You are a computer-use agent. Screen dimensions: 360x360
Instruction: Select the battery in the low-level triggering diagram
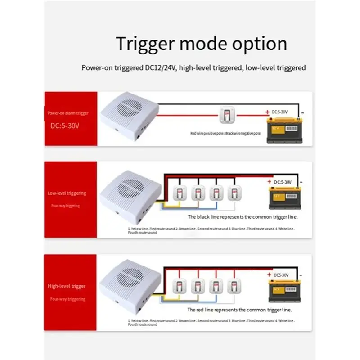click(x=285, y=198)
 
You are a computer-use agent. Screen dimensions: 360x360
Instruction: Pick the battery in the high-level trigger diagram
click(x=285, y=289)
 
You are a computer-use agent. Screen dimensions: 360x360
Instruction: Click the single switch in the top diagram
click(x=226, y=116)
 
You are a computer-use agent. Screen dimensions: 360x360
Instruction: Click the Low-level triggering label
click(x=67, y=193)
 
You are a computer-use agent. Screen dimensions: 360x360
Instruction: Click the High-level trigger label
click(x=67, y=286)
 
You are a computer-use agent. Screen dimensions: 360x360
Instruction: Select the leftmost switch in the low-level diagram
click(x=178, y=193)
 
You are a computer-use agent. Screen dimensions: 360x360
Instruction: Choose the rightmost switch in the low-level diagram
click(x=233, y=193)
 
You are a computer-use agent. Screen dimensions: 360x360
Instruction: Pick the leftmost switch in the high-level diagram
click(x=178, y=285)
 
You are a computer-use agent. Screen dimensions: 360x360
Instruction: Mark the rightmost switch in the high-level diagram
click(x=233, y=285)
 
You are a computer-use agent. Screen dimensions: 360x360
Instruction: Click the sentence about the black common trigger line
click(x=243, y=216)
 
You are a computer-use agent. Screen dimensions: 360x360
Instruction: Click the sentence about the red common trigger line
click(x=239, y=310)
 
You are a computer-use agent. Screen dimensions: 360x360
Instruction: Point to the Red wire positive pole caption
click(x=225, y=134)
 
